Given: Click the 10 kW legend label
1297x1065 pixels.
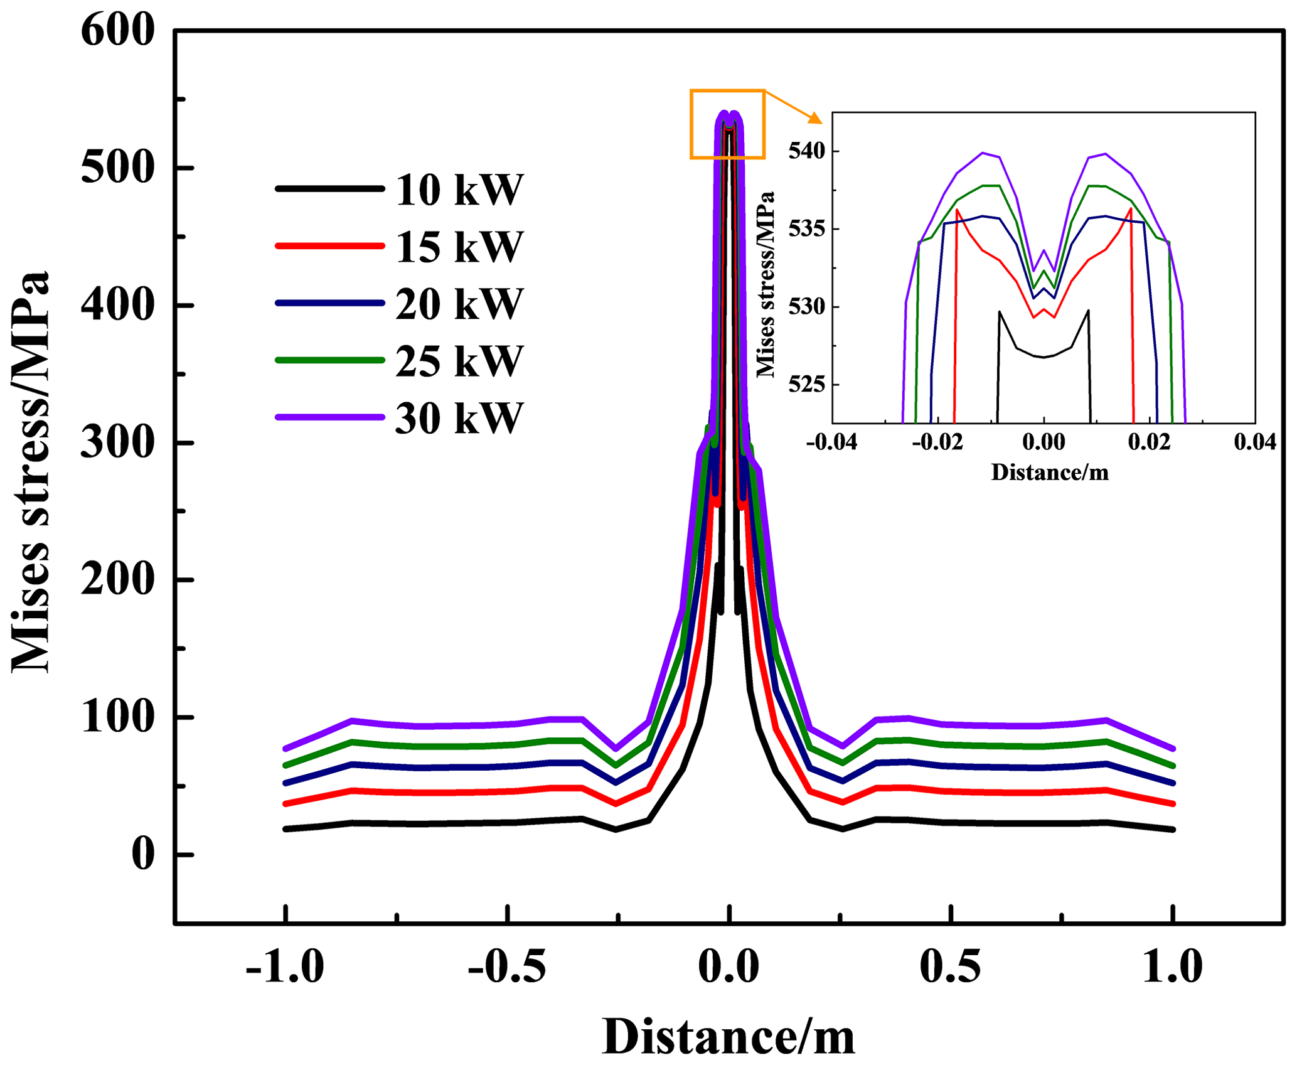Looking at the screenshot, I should pos(459,190).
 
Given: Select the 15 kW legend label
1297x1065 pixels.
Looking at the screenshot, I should pos(459,247).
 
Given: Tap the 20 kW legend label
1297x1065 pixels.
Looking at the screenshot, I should pos(459,304).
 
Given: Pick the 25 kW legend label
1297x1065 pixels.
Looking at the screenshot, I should pos(459,361).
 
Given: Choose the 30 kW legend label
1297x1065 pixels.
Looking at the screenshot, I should pos(459,418).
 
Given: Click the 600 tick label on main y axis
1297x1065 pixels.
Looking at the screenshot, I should pos(117,30).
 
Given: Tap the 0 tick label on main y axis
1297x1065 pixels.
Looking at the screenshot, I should pos(142,854).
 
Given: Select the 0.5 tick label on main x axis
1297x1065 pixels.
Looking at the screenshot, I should pos(950,966).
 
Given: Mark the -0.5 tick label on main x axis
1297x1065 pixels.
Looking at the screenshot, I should pos(506,966).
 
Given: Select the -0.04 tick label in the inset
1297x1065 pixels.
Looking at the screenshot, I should pos(831,442).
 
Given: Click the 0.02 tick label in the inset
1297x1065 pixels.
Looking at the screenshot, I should pos(1149,442).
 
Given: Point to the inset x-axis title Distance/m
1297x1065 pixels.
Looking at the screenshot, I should pos(1050,472).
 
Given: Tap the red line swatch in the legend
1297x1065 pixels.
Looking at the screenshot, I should pos(329,246).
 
